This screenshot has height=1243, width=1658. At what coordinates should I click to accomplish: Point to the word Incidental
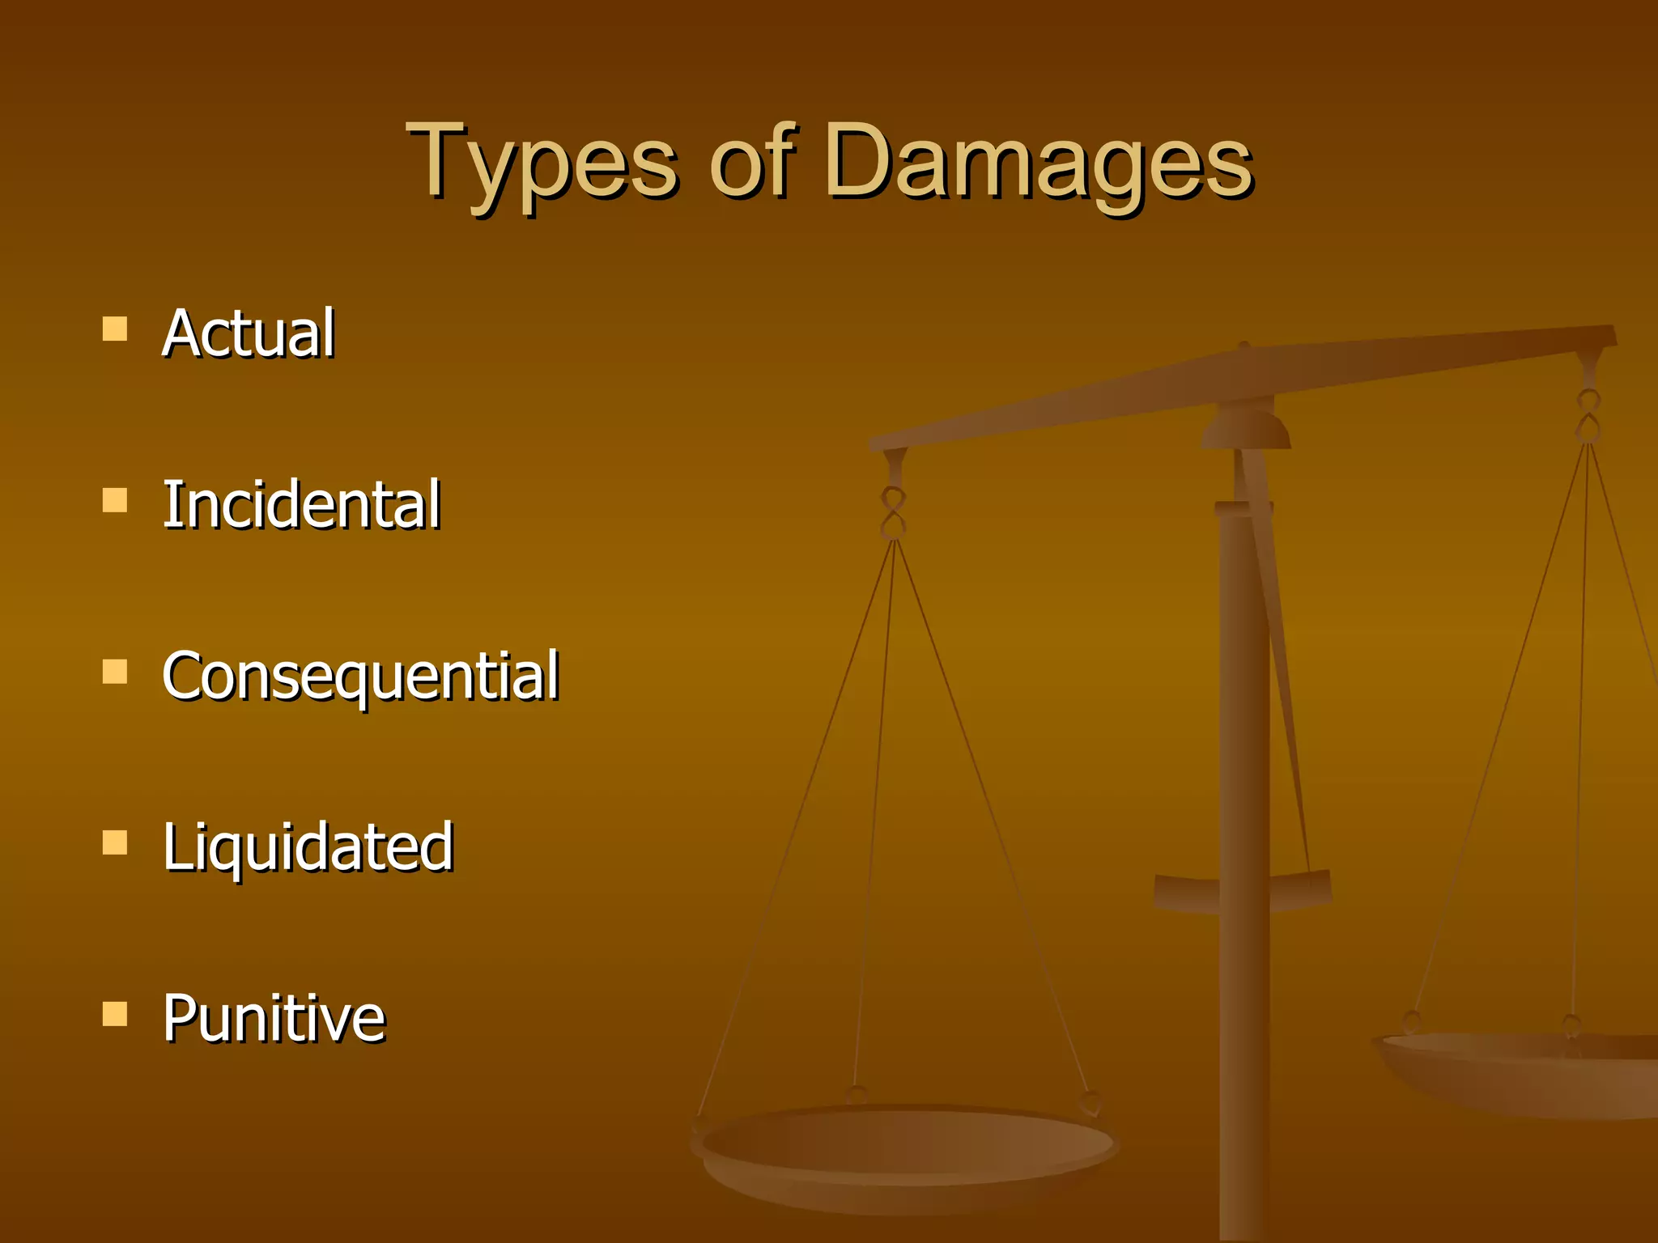pos(301,504)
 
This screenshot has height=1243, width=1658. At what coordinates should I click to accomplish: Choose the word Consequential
pos(360,677)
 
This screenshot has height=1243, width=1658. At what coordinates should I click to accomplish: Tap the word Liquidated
pos(308,847)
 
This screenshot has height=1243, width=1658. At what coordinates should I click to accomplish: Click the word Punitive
pos(274,1018)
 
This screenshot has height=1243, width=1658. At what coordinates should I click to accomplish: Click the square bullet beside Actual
pos(115,329)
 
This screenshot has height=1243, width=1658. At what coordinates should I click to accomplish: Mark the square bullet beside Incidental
pos(115,500)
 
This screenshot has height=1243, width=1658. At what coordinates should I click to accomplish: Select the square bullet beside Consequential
pos(115,672)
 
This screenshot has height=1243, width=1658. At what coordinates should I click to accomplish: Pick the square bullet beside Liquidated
pos(115,843)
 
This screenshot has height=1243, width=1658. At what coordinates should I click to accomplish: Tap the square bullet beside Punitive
pos(115,1014)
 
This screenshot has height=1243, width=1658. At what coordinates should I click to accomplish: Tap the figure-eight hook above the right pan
pos(1588,415)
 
